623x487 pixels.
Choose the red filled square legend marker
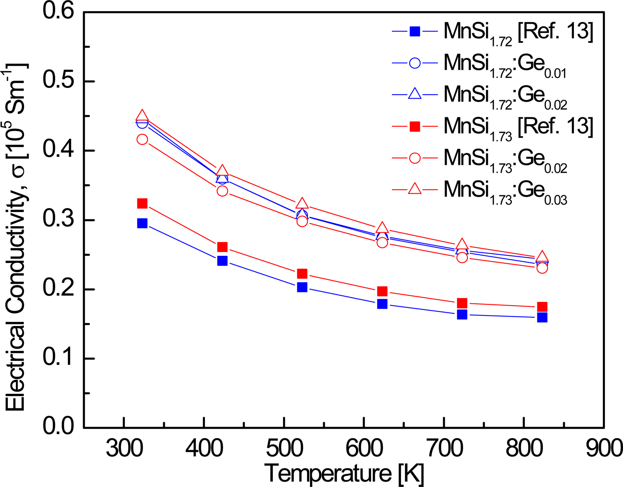(x=415, y=126)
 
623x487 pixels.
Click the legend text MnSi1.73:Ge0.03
(x=505, y=191)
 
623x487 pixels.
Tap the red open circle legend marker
(x=415, y=158)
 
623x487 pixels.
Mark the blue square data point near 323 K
(x=142, y=223)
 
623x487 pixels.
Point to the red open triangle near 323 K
(x=142, y=115)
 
